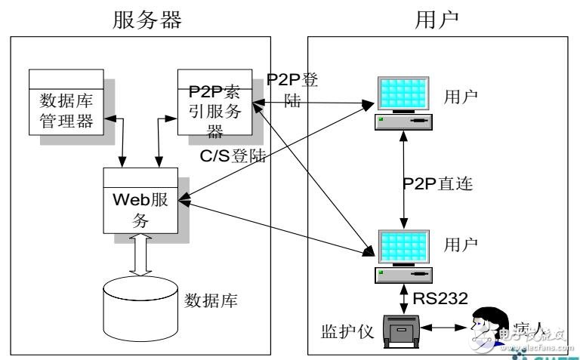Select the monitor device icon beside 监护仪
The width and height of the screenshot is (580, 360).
coord(403,330)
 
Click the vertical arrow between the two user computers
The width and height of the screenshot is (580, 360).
coord(406,183)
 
